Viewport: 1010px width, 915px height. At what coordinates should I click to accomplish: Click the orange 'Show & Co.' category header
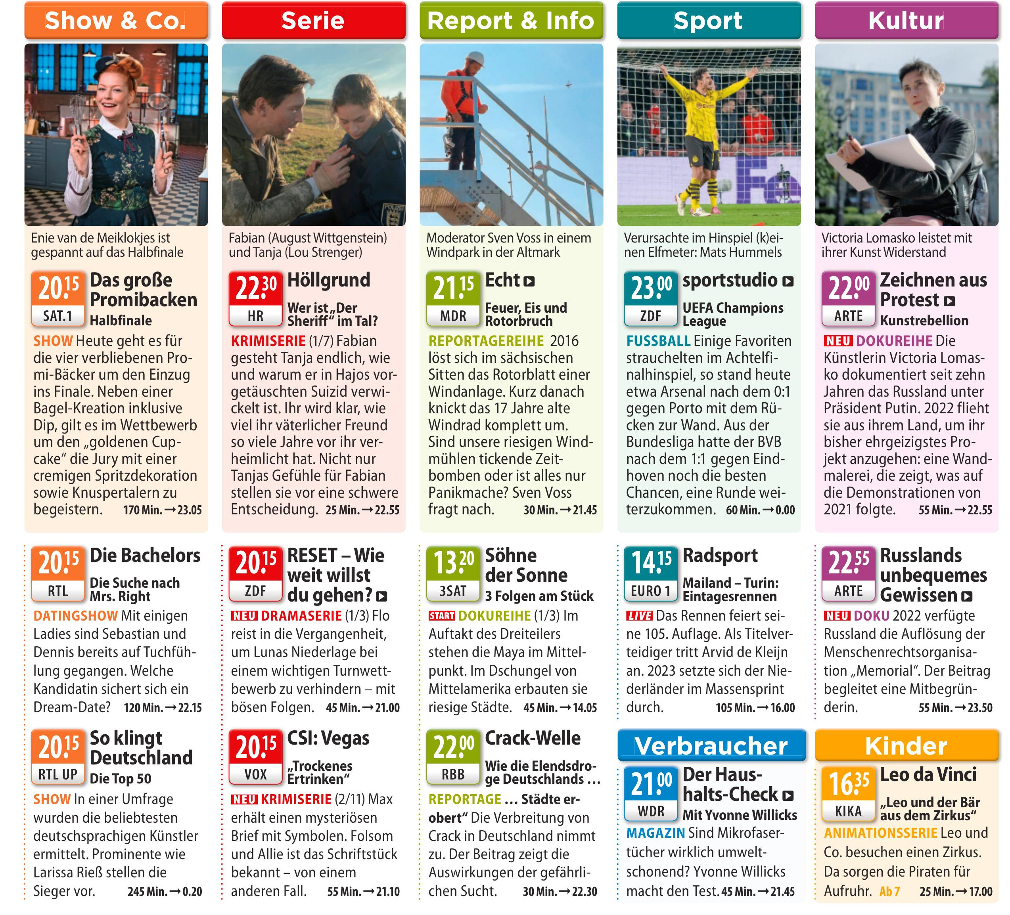click(116, 21)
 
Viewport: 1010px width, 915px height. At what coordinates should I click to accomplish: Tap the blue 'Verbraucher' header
click(711, 746)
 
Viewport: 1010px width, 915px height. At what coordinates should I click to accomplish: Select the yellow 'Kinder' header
click(906, 746)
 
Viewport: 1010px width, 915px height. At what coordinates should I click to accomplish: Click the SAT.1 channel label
click(57, 316)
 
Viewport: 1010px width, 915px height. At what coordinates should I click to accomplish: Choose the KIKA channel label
click(848, 811)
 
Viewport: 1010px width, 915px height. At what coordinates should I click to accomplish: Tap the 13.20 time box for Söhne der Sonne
click(453, 563)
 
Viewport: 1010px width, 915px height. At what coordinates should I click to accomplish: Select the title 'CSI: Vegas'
click(328, 738)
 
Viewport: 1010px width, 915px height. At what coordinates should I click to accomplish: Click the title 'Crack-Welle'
click(533, 738)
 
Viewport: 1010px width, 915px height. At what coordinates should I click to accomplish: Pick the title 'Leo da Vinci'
click(928, 775)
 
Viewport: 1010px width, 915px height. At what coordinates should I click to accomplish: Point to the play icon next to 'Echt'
click(529, 281)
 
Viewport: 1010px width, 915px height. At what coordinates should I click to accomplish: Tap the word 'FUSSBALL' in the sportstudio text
click(658, 341)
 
